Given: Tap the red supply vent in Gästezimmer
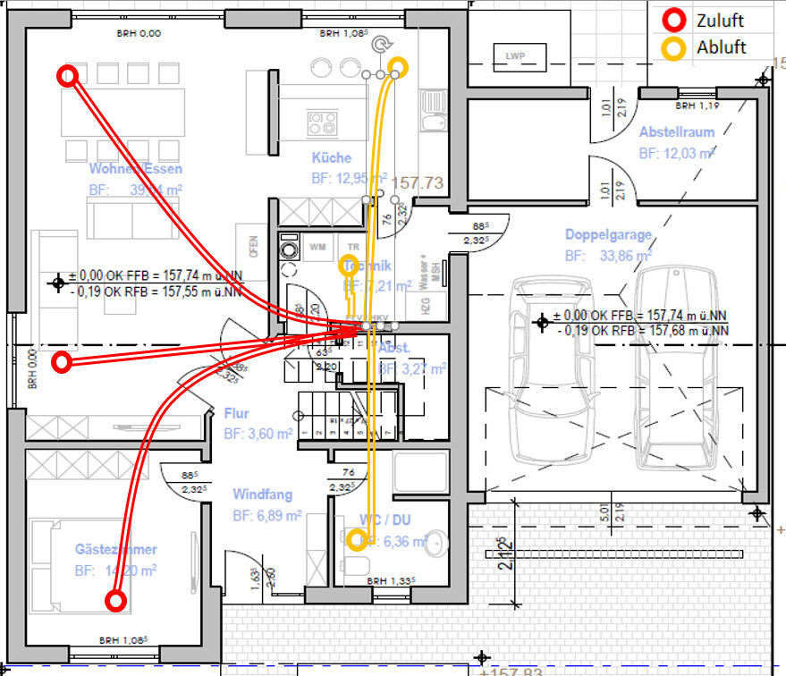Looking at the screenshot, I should (x=115, y=601).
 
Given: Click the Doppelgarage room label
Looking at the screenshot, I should (x=608, y=235).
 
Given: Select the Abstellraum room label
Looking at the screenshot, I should (x=677, y=132).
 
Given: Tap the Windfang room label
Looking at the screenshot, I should (x=263, y=494).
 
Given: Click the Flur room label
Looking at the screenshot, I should (x=237, y=414).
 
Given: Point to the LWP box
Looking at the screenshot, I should (x=515, y=56).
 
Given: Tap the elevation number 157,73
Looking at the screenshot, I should (x=417, y=182).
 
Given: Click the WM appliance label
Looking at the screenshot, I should (x=317, y=245).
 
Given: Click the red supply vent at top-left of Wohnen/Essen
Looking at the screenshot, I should (x=65, y=76).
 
